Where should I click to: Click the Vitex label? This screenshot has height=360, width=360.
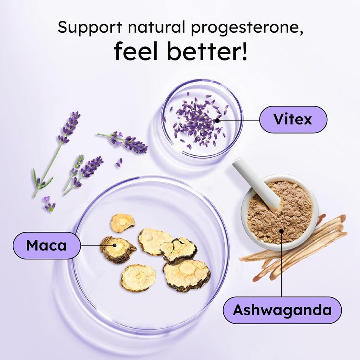pyautogui.click(x=293, y=120)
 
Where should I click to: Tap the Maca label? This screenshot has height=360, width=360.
pyautogui.click(x=46, y=245)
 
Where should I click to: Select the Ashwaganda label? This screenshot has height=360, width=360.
pyautogui.click(x=282, y=310)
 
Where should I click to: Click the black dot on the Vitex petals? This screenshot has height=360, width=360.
pyautogui.click(x=217, y=120)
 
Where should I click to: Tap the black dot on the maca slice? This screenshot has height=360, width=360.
pyautogui.click(x=115, y=245)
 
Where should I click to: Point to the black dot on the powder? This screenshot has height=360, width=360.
pyautogui.click(x=282, y=231)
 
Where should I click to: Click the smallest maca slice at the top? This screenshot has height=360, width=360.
pyautogui.click(x=122, y=223)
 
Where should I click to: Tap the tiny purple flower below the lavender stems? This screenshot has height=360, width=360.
pyautogui.click(x=49, y=204)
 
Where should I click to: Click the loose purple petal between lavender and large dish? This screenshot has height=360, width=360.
pyautogui.click(x=120, y=162)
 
